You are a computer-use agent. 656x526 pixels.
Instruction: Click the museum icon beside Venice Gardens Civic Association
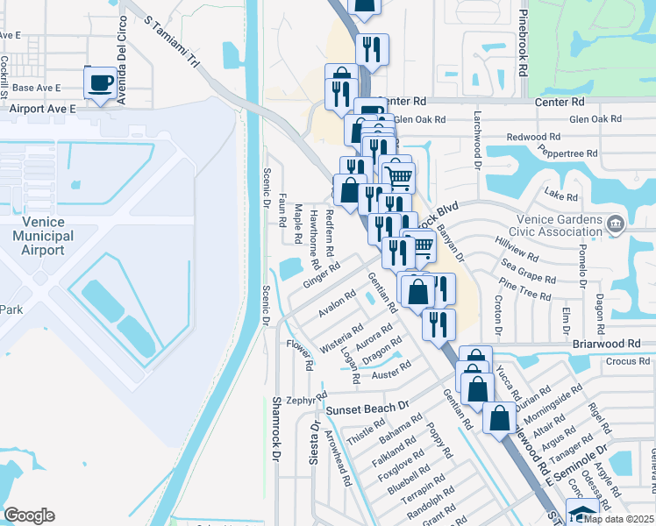tap(615, 224)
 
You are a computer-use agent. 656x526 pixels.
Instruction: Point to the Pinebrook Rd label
tap(524, 42)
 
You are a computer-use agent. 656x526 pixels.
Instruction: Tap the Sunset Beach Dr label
tap(368, 409)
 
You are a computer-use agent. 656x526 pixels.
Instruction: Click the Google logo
tap(29, 515)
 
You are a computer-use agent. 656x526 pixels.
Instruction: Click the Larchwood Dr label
tap(479, 139)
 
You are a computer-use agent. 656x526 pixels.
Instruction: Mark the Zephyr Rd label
tap(300, 399)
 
